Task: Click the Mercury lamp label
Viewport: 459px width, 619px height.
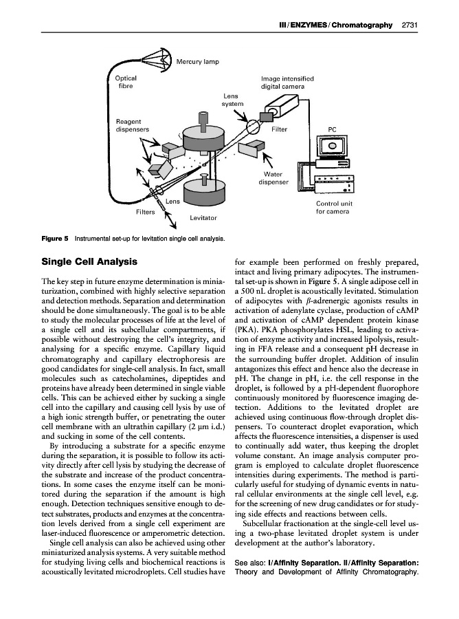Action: tap(198, 62)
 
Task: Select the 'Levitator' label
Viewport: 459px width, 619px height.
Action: tap(203, 217)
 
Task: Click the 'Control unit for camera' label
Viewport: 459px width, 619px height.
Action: tap(334, 207)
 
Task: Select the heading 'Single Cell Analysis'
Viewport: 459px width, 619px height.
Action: tap(89, 261)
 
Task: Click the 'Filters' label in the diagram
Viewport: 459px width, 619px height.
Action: tap(146, 212)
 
